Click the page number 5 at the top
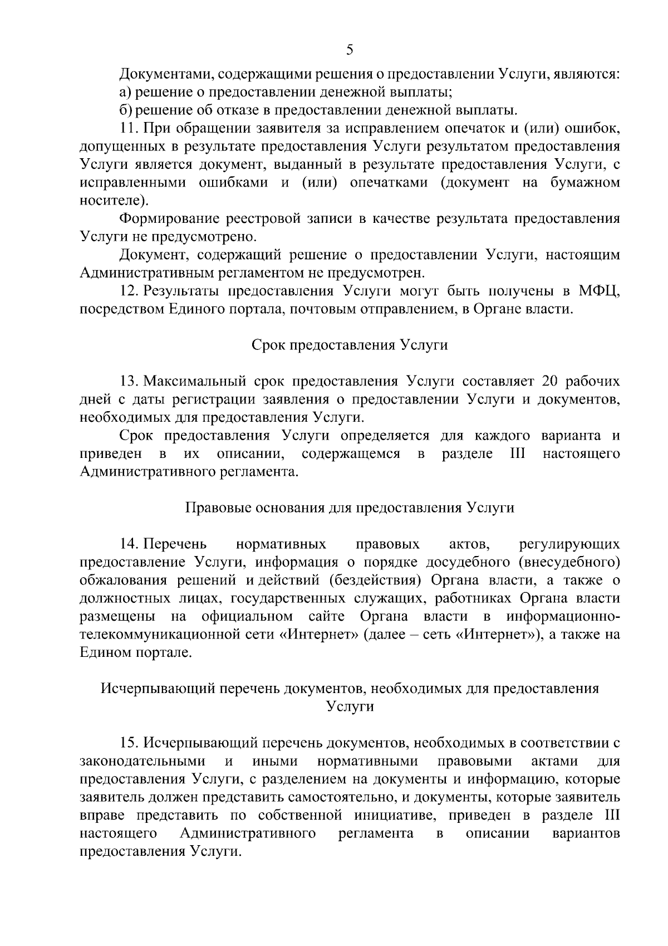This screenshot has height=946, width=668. [x=350, y=51]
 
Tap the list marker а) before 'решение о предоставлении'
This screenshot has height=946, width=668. [x=125, y=91]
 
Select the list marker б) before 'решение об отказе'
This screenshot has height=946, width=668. [x=125, y=110]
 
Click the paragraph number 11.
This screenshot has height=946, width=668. [x=129, y=128]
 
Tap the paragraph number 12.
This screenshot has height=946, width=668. [x=129, y=291]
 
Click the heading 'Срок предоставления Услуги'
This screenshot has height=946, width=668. [x=350, y=345]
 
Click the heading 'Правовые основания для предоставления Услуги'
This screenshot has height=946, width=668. [x=350, y=508]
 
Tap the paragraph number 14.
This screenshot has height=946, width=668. [x=129, y=544]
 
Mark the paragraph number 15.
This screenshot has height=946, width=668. [x=129, y=743]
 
